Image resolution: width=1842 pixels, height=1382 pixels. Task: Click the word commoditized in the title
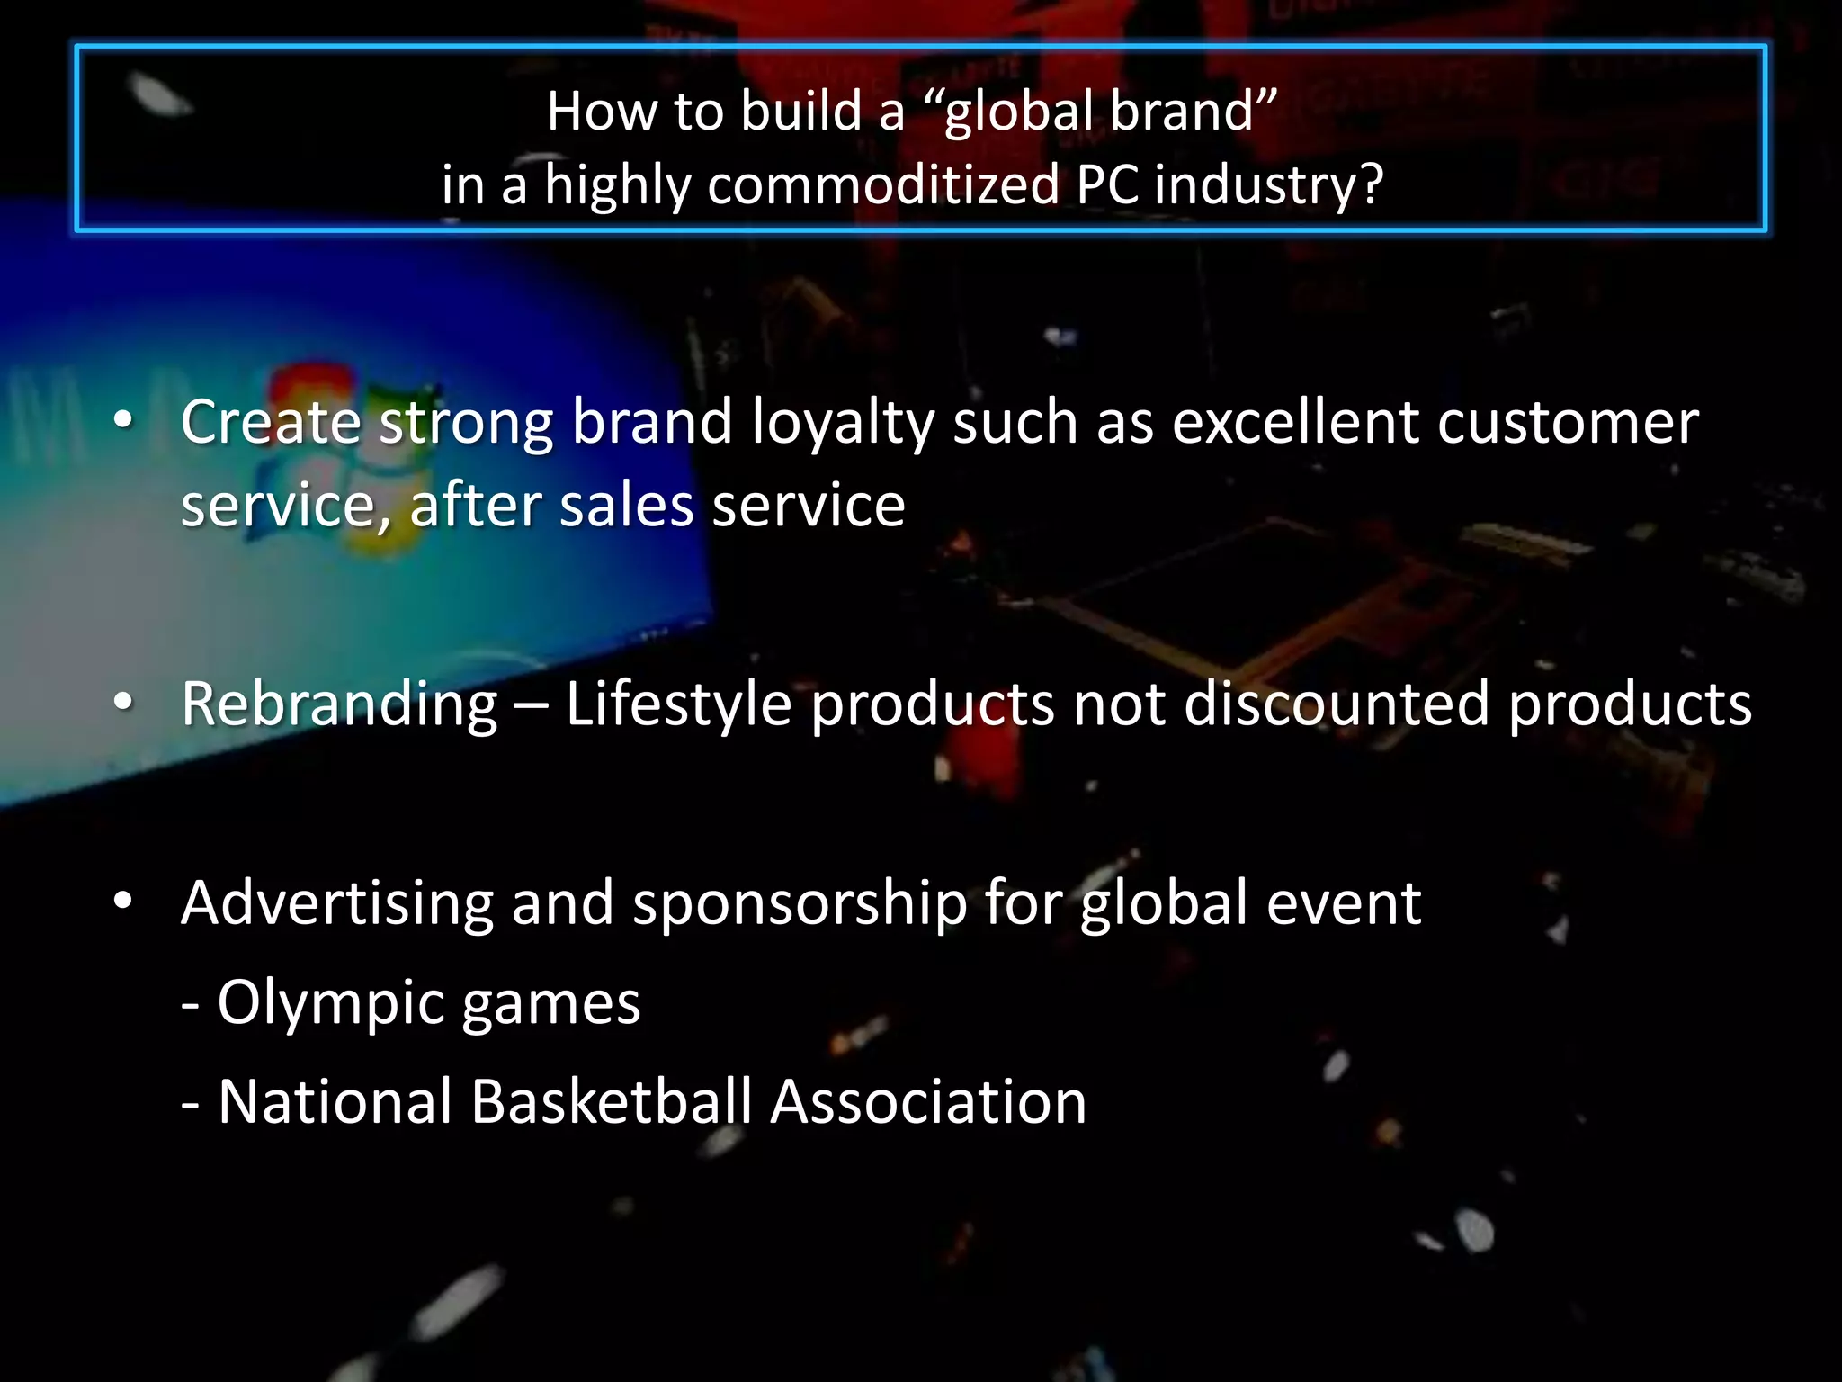tap(882, 185)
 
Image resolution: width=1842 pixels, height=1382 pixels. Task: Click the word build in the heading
tap(801, 112)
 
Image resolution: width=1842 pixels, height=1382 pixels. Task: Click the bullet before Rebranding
tap(123, 702)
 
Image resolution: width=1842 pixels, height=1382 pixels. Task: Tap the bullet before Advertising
tap(123, 901)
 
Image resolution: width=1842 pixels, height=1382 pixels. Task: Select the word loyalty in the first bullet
tap(843, 423)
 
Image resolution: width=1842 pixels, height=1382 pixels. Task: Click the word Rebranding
tap(339, 704)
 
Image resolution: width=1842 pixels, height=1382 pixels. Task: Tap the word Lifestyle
tap(678, 705)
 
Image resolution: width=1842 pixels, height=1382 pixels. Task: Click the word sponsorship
tap(800, 904)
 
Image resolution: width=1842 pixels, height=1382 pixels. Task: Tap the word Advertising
tap(337, 902)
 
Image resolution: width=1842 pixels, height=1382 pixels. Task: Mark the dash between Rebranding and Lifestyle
tap(531, 705)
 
